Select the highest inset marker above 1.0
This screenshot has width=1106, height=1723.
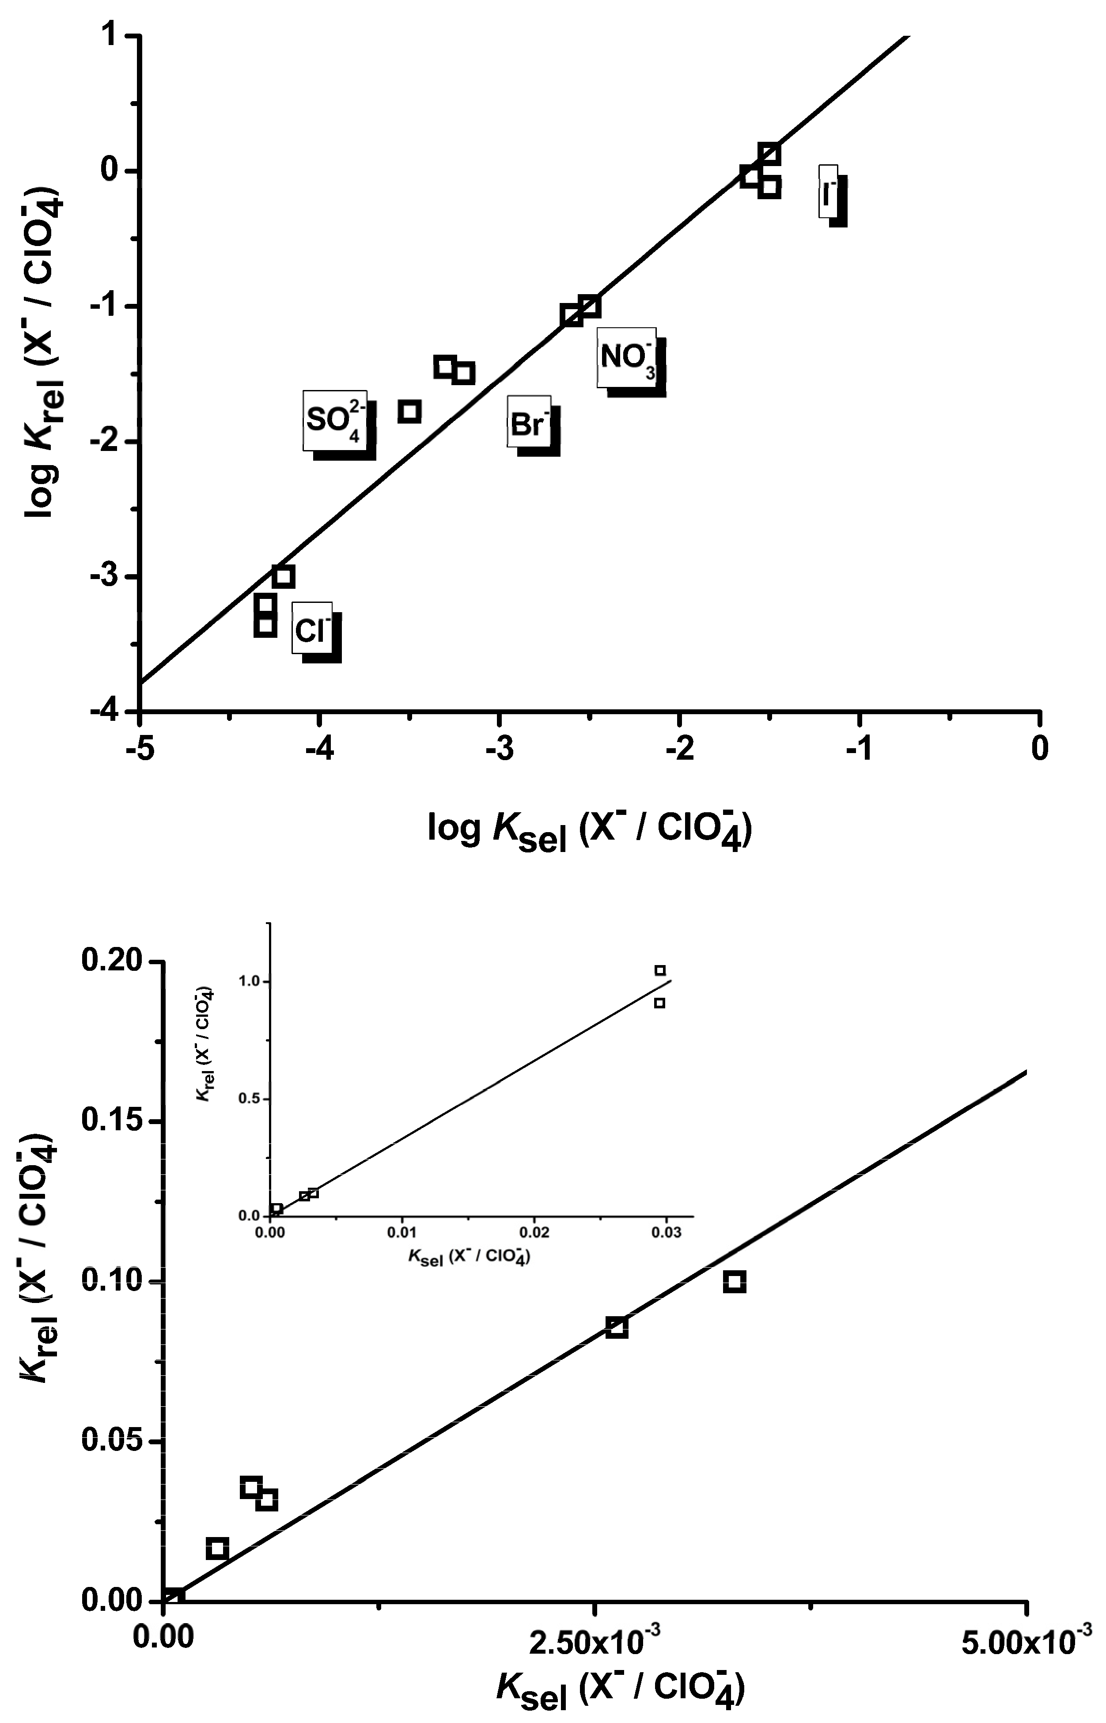click(x=660, y=970)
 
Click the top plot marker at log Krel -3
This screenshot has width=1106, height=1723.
click(x=283, y=576)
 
